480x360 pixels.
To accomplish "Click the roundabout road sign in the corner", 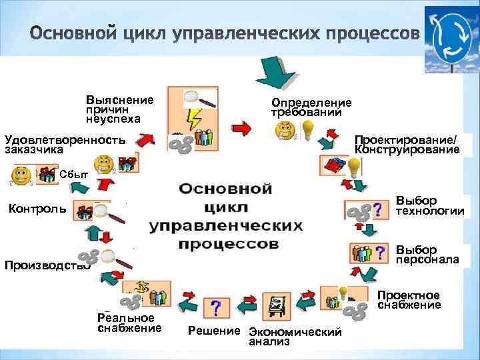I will click(451, 39).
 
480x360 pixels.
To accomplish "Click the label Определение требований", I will click(311, 107).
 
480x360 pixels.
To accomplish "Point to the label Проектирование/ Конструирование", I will click(407, 145).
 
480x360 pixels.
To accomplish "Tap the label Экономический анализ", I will click(294, 337).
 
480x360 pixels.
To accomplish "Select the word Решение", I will click(213, 331).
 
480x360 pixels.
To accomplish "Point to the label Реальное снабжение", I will click(129, 323).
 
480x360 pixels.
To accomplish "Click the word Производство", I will click(47, 266).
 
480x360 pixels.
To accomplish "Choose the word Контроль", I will click(37, 209).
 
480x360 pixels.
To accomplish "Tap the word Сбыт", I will click(73, 175).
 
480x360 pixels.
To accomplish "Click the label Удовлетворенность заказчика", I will click(65, 145).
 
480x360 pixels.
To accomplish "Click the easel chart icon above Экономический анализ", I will click(275, 307).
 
